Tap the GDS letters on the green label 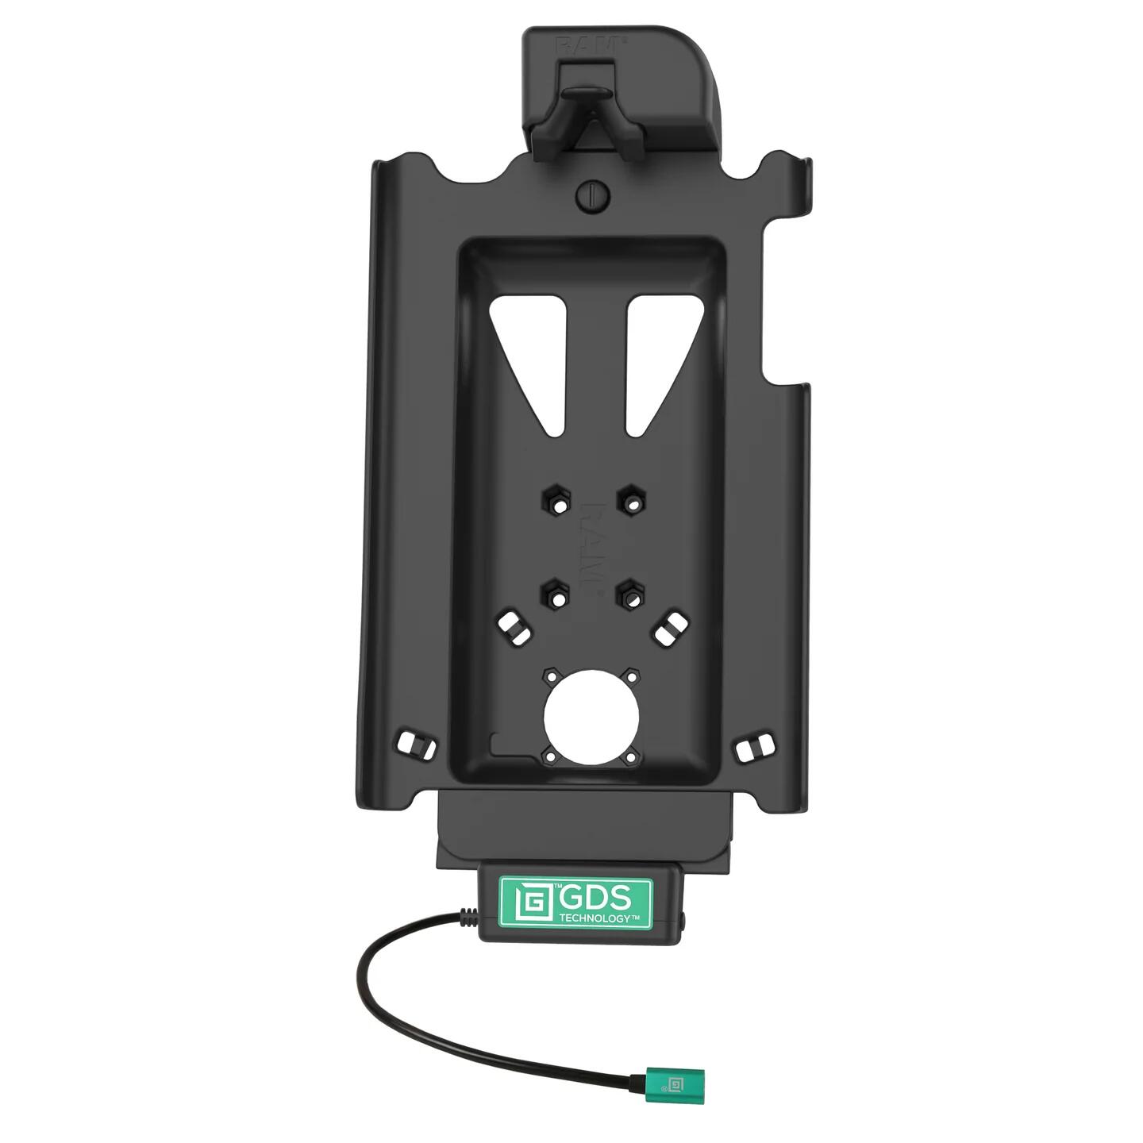(x=595, y=899)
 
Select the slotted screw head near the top (x=592, y=195)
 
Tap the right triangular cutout (x=653, y=357)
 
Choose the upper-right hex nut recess (x=631, y=501)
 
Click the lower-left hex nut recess (x=556, y=594)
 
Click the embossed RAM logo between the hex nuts (x=594, y=548)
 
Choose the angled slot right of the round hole (x=672, y=627)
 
